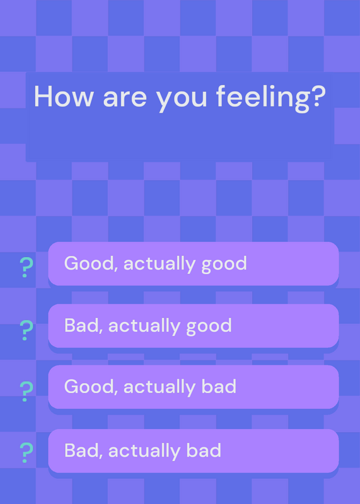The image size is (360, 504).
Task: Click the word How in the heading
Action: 63,96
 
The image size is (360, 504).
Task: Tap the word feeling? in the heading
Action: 271,99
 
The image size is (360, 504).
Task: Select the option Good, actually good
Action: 194,263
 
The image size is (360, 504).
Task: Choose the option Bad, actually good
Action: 194,326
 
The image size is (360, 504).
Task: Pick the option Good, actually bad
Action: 194,387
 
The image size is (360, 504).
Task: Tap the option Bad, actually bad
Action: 194,450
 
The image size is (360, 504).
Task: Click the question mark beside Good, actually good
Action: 26,267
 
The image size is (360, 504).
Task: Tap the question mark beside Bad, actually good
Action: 26,330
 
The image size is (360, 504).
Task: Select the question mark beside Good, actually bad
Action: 26,391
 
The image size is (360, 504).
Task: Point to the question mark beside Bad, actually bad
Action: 26,453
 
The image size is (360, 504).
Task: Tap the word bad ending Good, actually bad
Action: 219,386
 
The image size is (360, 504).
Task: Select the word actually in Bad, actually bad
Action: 144,452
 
